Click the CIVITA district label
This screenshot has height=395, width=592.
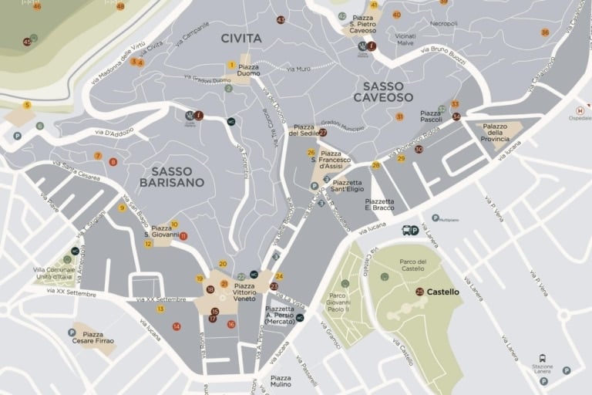pyautogui.click(x=240, y=38)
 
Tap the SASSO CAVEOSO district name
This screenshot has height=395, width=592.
pyautogui.click(x=383, y=92)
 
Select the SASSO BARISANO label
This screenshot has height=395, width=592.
pyautogui.click(x=172, y=177)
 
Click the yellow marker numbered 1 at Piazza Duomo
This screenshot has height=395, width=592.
pyautogui.click(x=231, y=65)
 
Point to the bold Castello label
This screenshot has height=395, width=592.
pyautogui.click(x=442, y=292)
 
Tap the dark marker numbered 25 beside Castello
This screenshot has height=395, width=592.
pyautogui.click(x=419, y=292)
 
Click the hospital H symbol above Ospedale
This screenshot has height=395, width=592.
pyautogui.click(x=580, y=110)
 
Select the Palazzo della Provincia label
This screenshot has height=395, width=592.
pyautogui.click(x=495, y=132)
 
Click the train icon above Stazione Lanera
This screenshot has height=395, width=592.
pyautogui.click(x=543, y=358)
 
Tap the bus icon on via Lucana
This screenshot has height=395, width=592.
pyautogui.click(x=406, y=230)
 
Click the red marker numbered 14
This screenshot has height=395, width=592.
pyautogui.click(x=177, y=326)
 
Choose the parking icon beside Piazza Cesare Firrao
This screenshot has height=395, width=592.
pyautogui.click(x=72, y=333)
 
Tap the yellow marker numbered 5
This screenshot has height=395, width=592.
pyautogui.click(x=27, y=105)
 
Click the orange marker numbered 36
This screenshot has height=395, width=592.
pyautogui.click(x=545, y=32)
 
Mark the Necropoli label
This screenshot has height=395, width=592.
pyautogui.click(x=443, y=23)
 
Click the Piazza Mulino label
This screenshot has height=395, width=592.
pyautogui.click(x=281, y=380)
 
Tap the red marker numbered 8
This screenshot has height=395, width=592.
pyautogui.click(x=113, y=162)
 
